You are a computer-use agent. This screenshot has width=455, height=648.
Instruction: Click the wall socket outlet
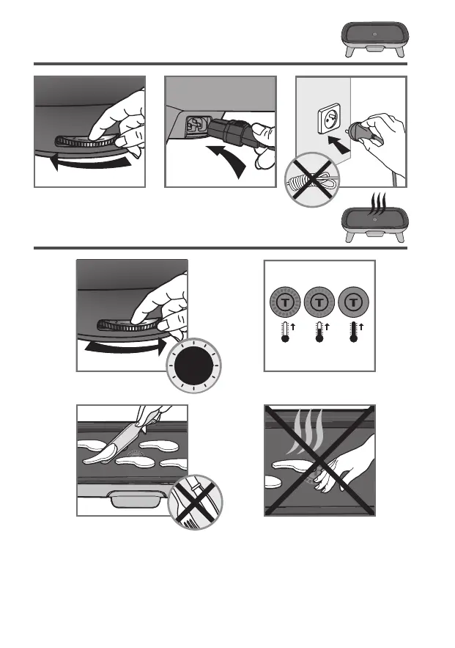329,119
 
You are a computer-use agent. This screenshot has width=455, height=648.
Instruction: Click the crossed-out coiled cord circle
312,181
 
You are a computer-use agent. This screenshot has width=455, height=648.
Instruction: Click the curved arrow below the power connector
228,160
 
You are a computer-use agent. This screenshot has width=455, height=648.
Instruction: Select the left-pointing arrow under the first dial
91,164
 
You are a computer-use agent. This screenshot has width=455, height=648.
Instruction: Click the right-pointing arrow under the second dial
126,347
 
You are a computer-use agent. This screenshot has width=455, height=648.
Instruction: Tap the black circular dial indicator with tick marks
193,365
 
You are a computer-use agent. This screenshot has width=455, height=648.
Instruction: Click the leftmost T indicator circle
285,302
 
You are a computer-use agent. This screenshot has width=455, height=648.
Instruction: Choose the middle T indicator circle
319,302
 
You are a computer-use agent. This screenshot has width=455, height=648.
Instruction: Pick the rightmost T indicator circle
353,302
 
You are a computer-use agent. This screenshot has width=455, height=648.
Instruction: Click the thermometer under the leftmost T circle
285,332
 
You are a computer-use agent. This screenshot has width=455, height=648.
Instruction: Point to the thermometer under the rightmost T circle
353,332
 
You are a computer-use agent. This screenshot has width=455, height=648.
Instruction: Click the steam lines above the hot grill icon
378,203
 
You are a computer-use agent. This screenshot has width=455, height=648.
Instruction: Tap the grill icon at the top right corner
374,39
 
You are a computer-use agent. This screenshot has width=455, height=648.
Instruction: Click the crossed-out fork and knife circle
196,502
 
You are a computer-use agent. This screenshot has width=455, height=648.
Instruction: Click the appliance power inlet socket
196,126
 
